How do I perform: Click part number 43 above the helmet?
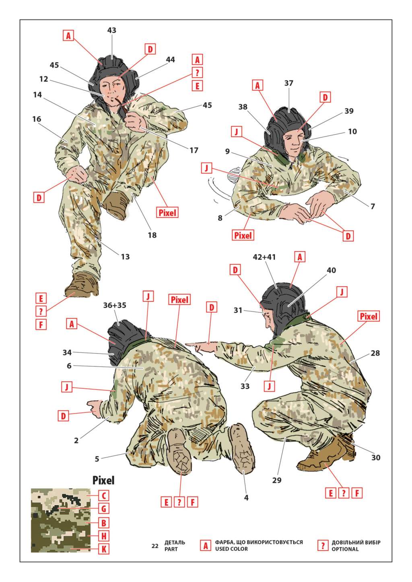pyautogui.click(x=111, y=31)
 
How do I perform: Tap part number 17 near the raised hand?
pyautogui.click(x=194, y=150)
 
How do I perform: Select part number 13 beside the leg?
pyautogui.click(x=125, y=257)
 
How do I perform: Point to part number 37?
pyautogui.click(x=289, y=83)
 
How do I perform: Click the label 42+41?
pyautogui.click(x=264, y=257)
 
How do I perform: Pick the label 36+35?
pyautogui.click(x=114, y=305)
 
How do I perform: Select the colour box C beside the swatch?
pyautogui.click(x=103, y=496)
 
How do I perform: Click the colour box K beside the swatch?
pyautogui.click(x=103, y=549)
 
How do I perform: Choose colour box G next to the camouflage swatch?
pyautogui.click(x=103, y=508)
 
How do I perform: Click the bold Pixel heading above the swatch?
pyautogui.click(x=103, y=480)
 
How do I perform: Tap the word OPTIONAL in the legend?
pyautogui.click(x=345, y=549)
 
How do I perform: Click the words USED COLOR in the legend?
pyautogui.click(x=231, y=549)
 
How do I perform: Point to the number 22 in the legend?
pyautogui.click(x=155, y=546)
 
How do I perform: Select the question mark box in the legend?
pyautogui.click(x=323, y=545)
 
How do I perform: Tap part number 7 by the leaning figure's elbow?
pyautogui.click(x=373, y=206)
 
